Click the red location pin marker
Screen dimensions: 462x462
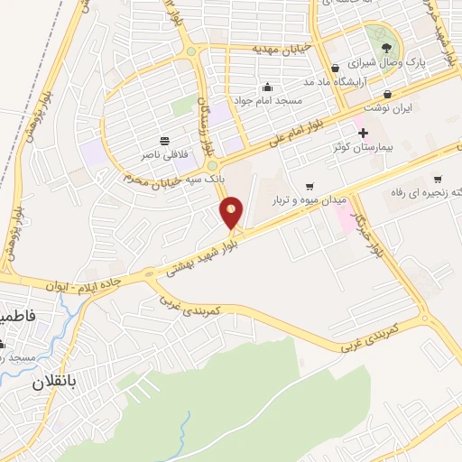(232, 212)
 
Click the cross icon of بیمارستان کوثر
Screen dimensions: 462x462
(363, 133)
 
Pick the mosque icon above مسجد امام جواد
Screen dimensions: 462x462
(268, 88)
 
